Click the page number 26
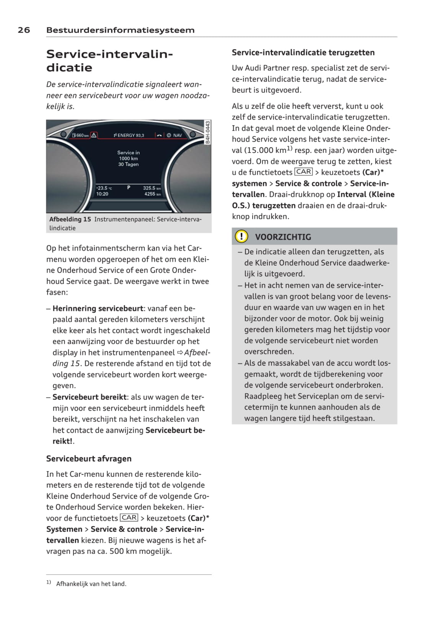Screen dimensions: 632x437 click(x=24, y=30)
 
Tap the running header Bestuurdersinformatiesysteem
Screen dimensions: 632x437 click(x=120, y=30)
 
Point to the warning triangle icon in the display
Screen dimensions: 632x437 click(x=94, y=135)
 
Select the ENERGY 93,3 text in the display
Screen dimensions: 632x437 click(x=129, y=135)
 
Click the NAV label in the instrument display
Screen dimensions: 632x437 click(x=178, y=135)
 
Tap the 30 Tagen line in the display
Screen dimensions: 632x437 click(x=129, y=164)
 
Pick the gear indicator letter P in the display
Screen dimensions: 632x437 click(x=129, y=188)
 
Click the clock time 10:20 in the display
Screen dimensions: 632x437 click(x=102, y=194)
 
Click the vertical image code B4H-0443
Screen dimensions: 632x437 click(x=208, y=132)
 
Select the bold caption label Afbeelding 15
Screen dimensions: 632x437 click(x=70, y=219)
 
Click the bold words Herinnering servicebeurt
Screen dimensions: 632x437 click(x=98, y=308)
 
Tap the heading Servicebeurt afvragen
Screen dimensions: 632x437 click(x=89, y=459)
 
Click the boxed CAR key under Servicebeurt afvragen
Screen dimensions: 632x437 click(x=129, y=518)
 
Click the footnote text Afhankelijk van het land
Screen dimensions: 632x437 click(x=91, y=584)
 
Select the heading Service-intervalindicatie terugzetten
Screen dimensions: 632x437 click(x=303, y=53)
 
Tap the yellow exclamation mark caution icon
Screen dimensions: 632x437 click(x=241, y=237)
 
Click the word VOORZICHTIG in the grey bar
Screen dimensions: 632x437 click(x=283, y=237)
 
